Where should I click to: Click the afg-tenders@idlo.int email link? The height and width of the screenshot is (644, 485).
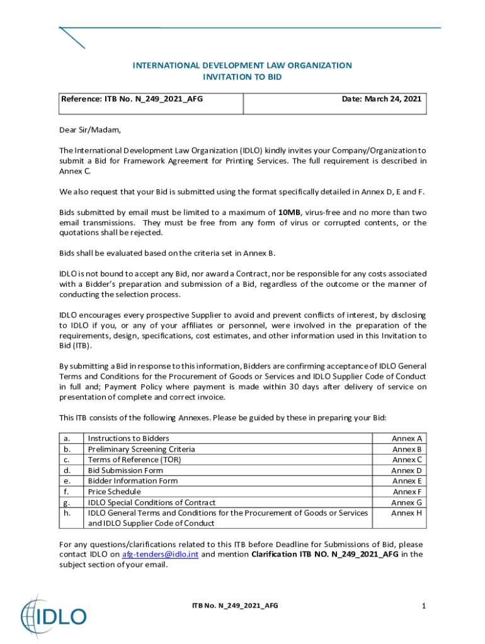pos(160,555)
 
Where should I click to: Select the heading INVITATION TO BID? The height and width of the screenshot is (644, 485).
pos(242,77)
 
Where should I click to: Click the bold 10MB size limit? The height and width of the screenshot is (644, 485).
pos(289,213)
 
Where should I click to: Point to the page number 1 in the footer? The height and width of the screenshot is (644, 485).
pos(424,606)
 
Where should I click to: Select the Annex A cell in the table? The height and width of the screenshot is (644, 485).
pos(407,438)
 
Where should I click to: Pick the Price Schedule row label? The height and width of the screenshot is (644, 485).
pos(114,492)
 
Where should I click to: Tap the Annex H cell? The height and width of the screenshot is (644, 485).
pos(407,513)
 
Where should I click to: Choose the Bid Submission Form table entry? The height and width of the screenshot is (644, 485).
pos(125,470)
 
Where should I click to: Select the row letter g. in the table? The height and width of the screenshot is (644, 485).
pos(67,502)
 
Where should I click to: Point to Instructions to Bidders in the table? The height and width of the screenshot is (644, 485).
pos(128,438)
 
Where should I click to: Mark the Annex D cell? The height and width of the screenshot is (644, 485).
pos(407,470)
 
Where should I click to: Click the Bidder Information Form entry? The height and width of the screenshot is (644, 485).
pos(132,481)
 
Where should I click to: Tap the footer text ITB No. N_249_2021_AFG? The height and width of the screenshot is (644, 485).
pos(235,606)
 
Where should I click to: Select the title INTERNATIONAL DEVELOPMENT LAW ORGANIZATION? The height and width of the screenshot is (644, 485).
pos(242,65)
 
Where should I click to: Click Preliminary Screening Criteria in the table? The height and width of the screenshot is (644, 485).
pos(141,449)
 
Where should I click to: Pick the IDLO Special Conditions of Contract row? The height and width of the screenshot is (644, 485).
pos(151,502)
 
